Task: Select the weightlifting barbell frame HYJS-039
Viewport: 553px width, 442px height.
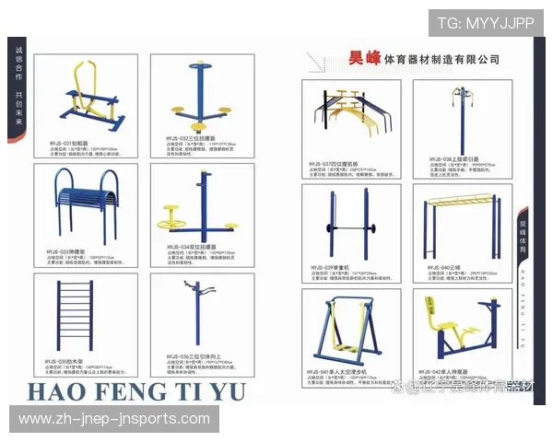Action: [347, 226]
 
